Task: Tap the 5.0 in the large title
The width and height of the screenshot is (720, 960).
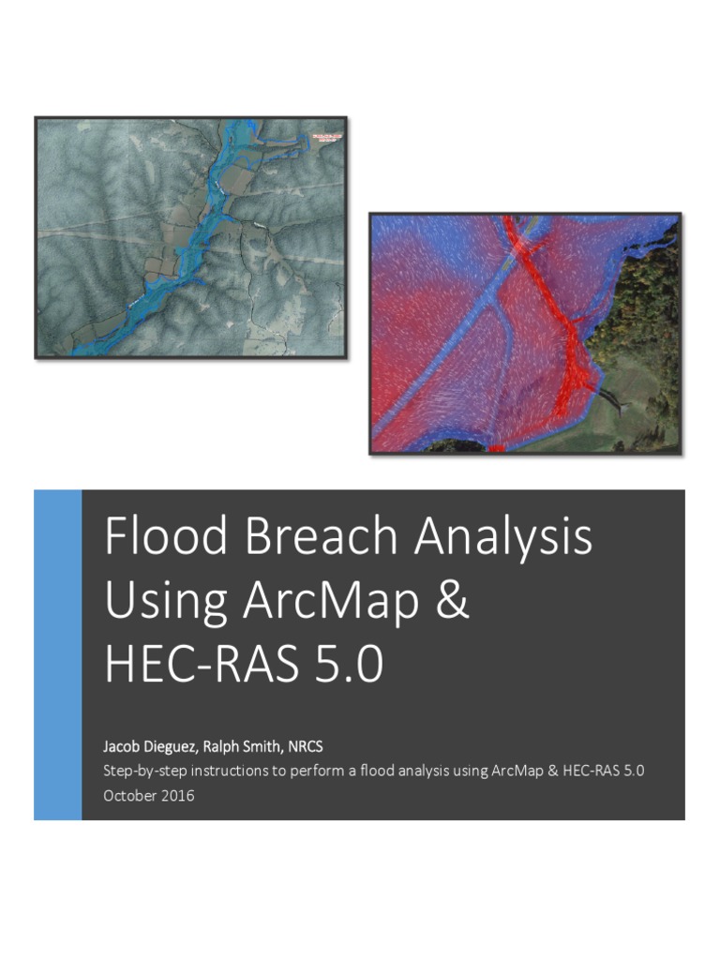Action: coord(348,665)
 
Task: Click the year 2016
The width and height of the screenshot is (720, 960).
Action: coord(178,795)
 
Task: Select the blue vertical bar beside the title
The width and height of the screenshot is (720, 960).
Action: coord(57,654)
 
